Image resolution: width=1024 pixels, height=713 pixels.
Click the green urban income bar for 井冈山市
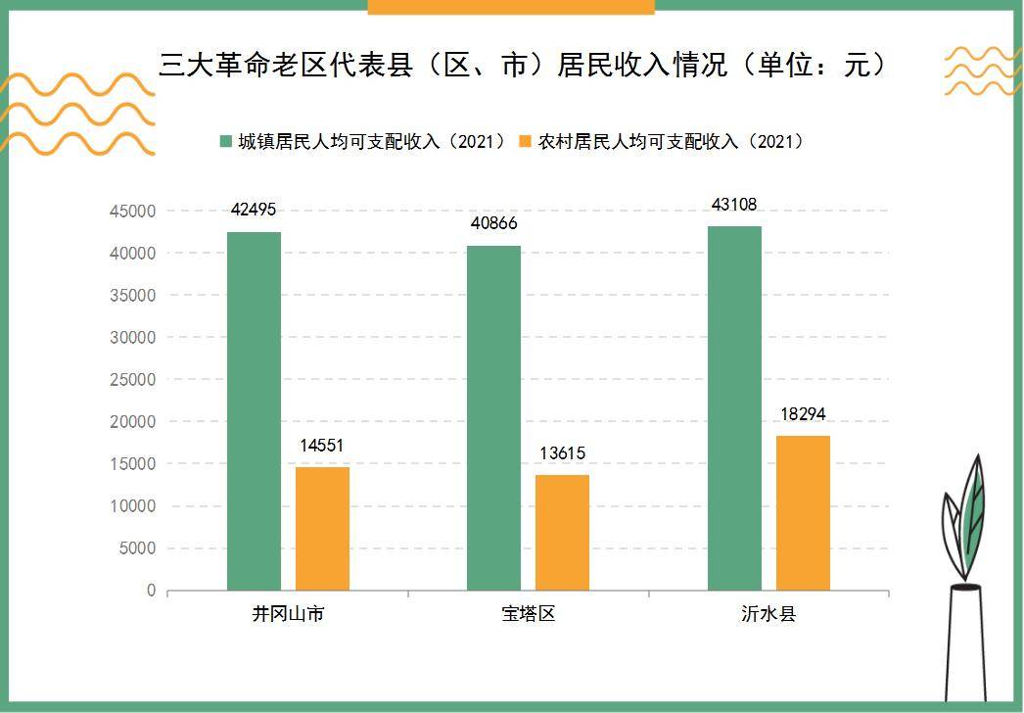click(x=254, y=411)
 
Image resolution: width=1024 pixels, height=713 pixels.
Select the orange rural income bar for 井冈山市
click(x=322, y=529)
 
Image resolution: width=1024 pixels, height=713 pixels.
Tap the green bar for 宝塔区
click(x=493, y=418)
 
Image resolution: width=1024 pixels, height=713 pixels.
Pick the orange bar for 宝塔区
click(x=562, y=533)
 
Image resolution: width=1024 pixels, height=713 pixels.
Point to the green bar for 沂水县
click(x=734, y=408)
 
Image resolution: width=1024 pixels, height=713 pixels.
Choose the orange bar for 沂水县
click(x=803, y=513)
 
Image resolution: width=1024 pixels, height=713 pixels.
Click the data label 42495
click(x=254, y=209)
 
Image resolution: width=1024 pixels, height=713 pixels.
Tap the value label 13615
click(x=562, y=453)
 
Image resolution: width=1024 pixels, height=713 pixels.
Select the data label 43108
click(x=734, y=204)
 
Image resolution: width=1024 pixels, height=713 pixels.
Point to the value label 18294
click(x=803, y=414)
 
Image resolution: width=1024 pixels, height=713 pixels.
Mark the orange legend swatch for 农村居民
click(x=526, y=141)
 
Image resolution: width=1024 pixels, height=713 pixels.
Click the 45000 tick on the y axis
click(x=131, y=211)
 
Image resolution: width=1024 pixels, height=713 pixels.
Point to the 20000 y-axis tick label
click(x=131, y=421)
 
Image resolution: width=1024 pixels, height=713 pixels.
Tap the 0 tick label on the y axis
click(x=151, y=591)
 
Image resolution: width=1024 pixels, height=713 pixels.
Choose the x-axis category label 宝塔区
click(x=529, y=615)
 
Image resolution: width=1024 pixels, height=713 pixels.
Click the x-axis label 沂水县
click(x=768, y=615)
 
